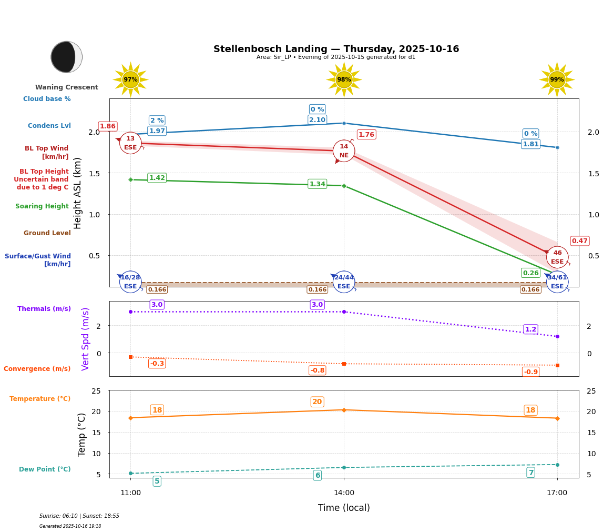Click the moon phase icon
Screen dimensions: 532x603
66,57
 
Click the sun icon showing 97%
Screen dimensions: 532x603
130,79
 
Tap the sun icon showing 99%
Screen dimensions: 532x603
557,79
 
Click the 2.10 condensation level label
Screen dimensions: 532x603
317,120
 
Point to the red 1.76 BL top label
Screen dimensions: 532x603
366,135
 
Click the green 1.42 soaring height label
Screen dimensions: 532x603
157,178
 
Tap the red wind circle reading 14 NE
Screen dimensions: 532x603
344,151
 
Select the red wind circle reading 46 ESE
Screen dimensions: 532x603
557,257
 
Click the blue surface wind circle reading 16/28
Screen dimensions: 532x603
130,282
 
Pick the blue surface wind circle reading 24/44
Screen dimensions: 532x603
344,282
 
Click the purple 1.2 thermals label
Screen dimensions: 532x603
530,329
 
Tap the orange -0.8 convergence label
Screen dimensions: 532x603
317,370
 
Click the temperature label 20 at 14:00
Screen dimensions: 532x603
317,402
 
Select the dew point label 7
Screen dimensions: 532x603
530,473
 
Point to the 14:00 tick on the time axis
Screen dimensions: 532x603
344,493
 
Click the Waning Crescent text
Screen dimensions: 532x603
67,87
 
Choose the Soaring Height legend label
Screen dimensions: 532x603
42,206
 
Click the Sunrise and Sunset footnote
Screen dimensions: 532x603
79,516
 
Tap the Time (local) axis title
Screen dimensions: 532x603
344,508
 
